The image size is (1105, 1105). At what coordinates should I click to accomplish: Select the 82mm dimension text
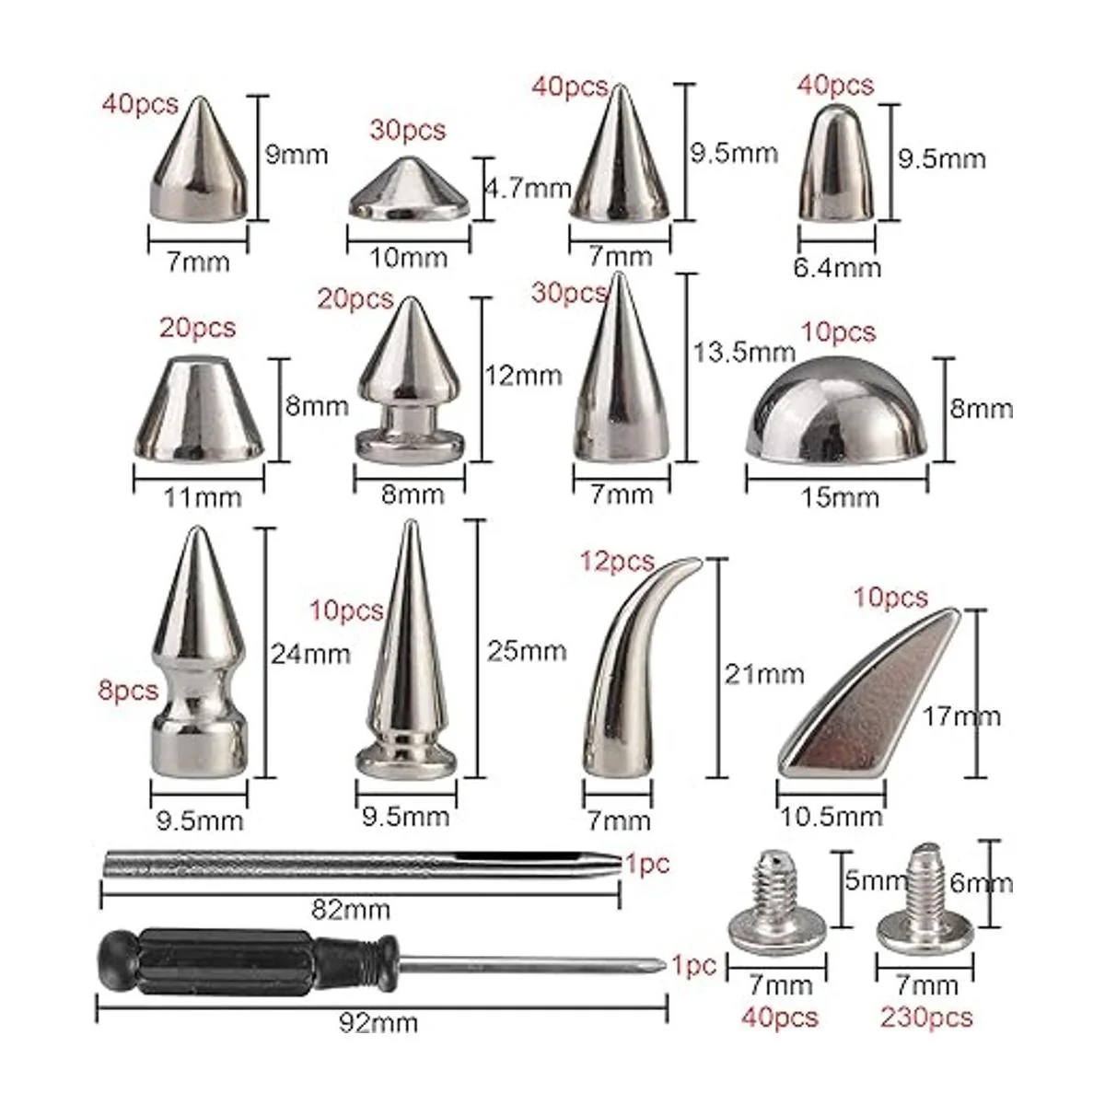click(350, 910)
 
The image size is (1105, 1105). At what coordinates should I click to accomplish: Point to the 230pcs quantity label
click(926, 1018)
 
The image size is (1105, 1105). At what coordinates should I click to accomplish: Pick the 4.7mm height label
click(529, 188)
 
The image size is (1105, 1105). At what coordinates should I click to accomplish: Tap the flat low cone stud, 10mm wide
click(410, 190)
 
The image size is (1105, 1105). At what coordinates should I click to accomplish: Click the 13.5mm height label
click(744, 352)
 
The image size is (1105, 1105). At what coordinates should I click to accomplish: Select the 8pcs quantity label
click(128, 691)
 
